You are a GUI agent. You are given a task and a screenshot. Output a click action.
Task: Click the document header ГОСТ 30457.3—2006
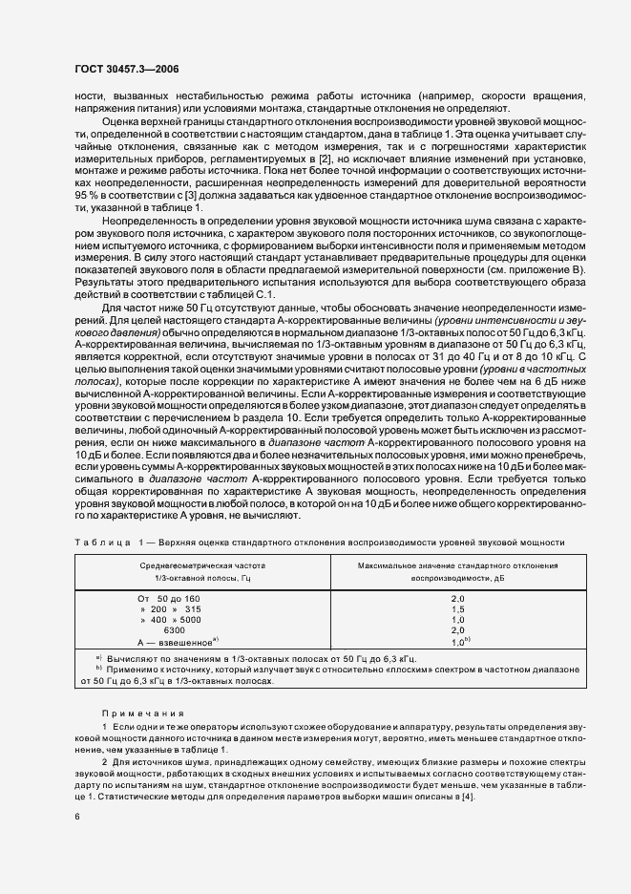127,69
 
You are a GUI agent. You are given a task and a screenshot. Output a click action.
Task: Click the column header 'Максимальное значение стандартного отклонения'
457,566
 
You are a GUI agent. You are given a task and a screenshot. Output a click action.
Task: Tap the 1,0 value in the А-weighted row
454,642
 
